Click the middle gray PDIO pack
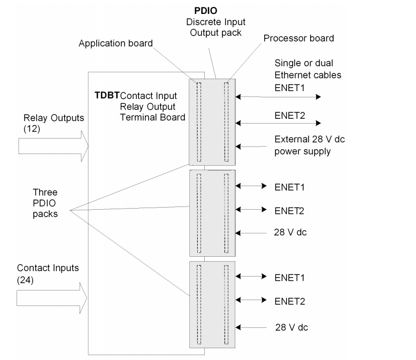[212, 212]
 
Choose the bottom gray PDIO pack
[212, 303]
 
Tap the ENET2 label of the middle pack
[289, 210]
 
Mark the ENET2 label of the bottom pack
[289, 301]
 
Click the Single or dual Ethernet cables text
[307, 67]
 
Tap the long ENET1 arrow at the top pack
[278, 97]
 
